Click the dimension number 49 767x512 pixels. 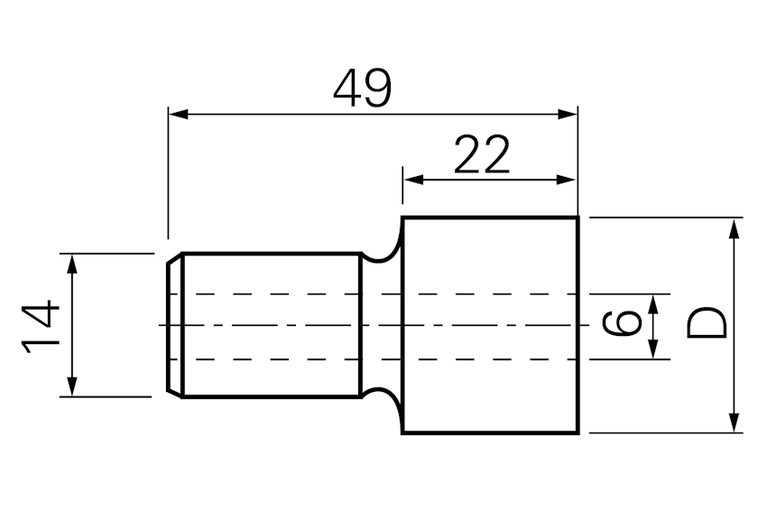point(363,88)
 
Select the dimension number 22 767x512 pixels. point(482,154)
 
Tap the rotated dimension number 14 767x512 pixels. point(41,327)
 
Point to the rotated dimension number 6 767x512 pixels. point(621,324)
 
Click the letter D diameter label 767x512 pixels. point(707,322)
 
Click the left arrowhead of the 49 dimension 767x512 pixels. point(179,115)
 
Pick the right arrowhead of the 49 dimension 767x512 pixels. point(568,115)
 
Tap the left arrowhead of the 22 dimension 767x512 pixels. point(413,180)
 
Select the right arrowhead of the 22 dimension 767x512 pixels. point(566,180)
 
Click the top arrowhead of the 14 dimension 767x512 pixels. point(72,264)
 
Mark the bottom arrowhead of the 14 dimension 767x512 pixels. point(72,386)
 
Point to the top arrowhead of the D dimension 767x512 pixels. point(734,228)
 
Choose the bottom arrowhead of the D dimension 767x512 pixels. point(734,423)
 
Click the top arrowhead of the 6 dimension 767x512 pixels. point(653,304)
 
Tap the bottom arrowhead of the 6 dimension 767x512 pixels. point(653,349)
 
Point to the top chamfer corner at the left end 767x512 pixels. point(175,258)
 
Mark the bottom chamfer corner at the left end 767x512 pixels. point(175,393)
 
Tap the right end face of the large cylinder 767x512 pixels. point(578,325)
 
